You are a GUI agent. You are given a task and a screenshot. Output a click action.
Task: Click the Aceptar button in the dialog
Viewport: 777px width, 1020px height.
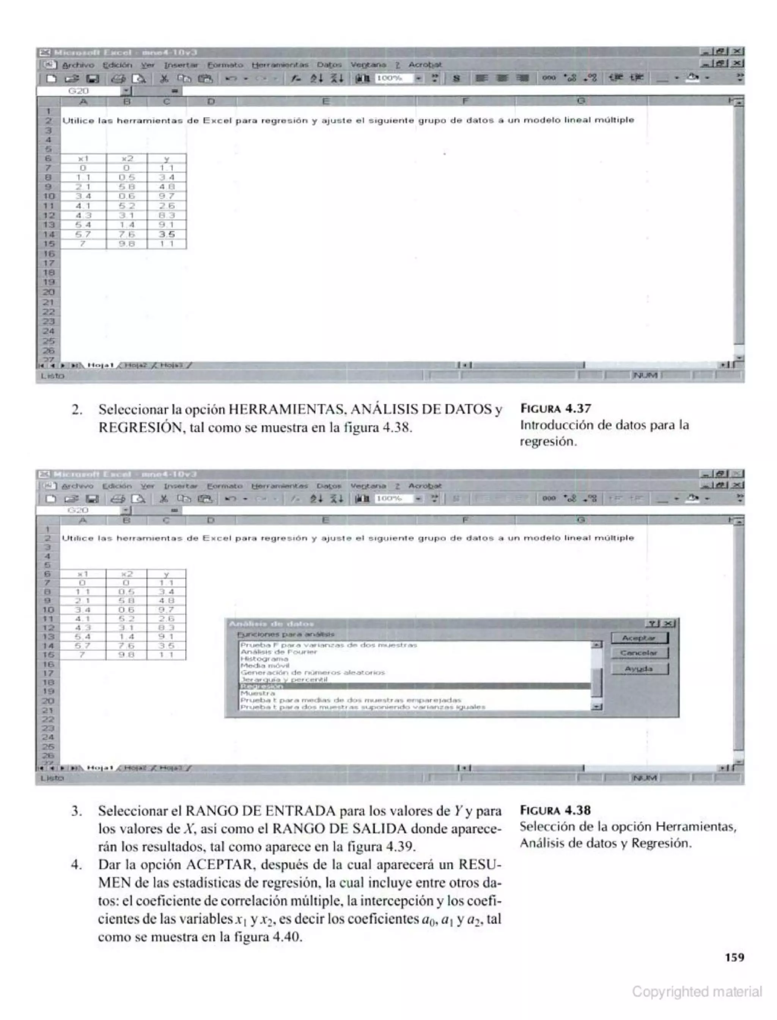pos(639,638)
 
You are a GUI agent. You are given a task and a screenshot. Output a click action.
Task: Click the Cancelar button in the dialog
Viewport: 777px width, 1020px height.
pos(639,653)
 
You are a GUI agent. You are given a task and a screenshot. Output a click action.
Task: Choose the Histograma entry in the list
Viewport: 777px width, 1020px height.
pos(264,658)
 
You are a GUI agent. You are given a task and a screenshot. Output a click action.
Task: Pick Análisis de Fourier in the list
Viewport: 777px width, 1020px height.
pos(279,651)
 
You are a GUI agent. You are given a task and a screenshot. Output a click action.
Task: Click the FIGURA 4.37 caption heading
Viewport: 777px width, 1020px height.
pos(555,408)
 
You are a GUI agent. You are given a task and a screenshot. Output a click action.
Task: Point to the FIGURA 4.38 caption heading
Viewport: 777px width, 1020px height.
pos(555,810)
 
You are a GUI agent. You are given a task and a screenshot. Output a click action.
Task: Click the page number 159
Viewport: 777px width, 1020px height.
pos(735,957)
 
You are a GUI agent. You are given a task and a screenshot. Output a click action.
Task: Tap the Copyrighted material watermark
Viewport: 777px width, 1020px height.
pos(697,991)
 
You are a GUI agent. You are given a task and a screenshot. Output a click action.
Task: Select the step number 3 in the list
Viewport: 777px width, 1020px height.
pos(77,811)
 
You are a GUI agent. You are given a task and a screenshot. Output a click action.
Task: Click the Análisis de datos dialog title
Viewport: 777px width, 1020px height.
pos(272,623)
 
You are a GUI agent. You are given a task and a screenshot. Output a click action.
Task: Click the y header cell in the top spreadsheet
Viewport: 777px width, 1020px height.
pos(167,159)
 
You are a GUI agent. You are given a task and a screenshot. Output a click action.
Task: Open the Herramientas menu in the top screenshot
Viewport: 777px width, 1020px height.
pos(280,65)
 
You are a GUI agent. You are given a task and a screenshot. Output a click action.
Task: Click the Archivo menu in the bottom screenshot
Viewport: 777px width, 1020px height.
pos(78,486)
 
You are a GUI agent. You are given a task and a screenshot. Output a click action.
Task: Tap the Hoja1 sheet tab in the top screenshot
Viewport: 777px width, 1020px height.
pos(101,365)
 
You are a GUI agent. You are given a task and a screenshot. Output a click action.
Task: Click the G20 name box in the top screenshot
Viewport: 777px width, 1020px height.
pos(79,91)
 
